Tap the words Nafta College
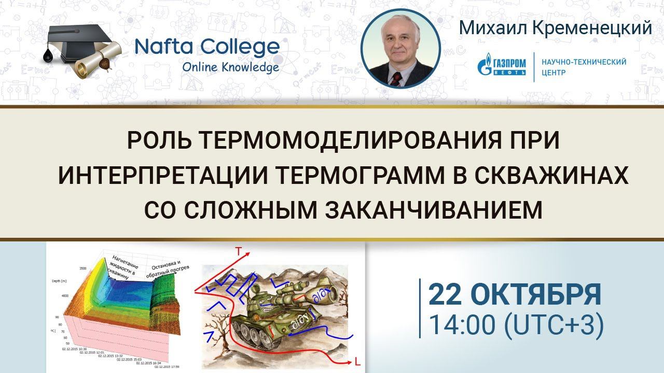(206, 47)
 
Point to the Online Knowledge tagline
(230, 67)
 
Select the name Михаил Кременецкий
(555, 28)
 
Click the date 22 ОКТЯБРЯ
(515, 295)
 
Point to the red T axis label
(238, 252)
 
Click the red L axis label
(357, 361)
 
